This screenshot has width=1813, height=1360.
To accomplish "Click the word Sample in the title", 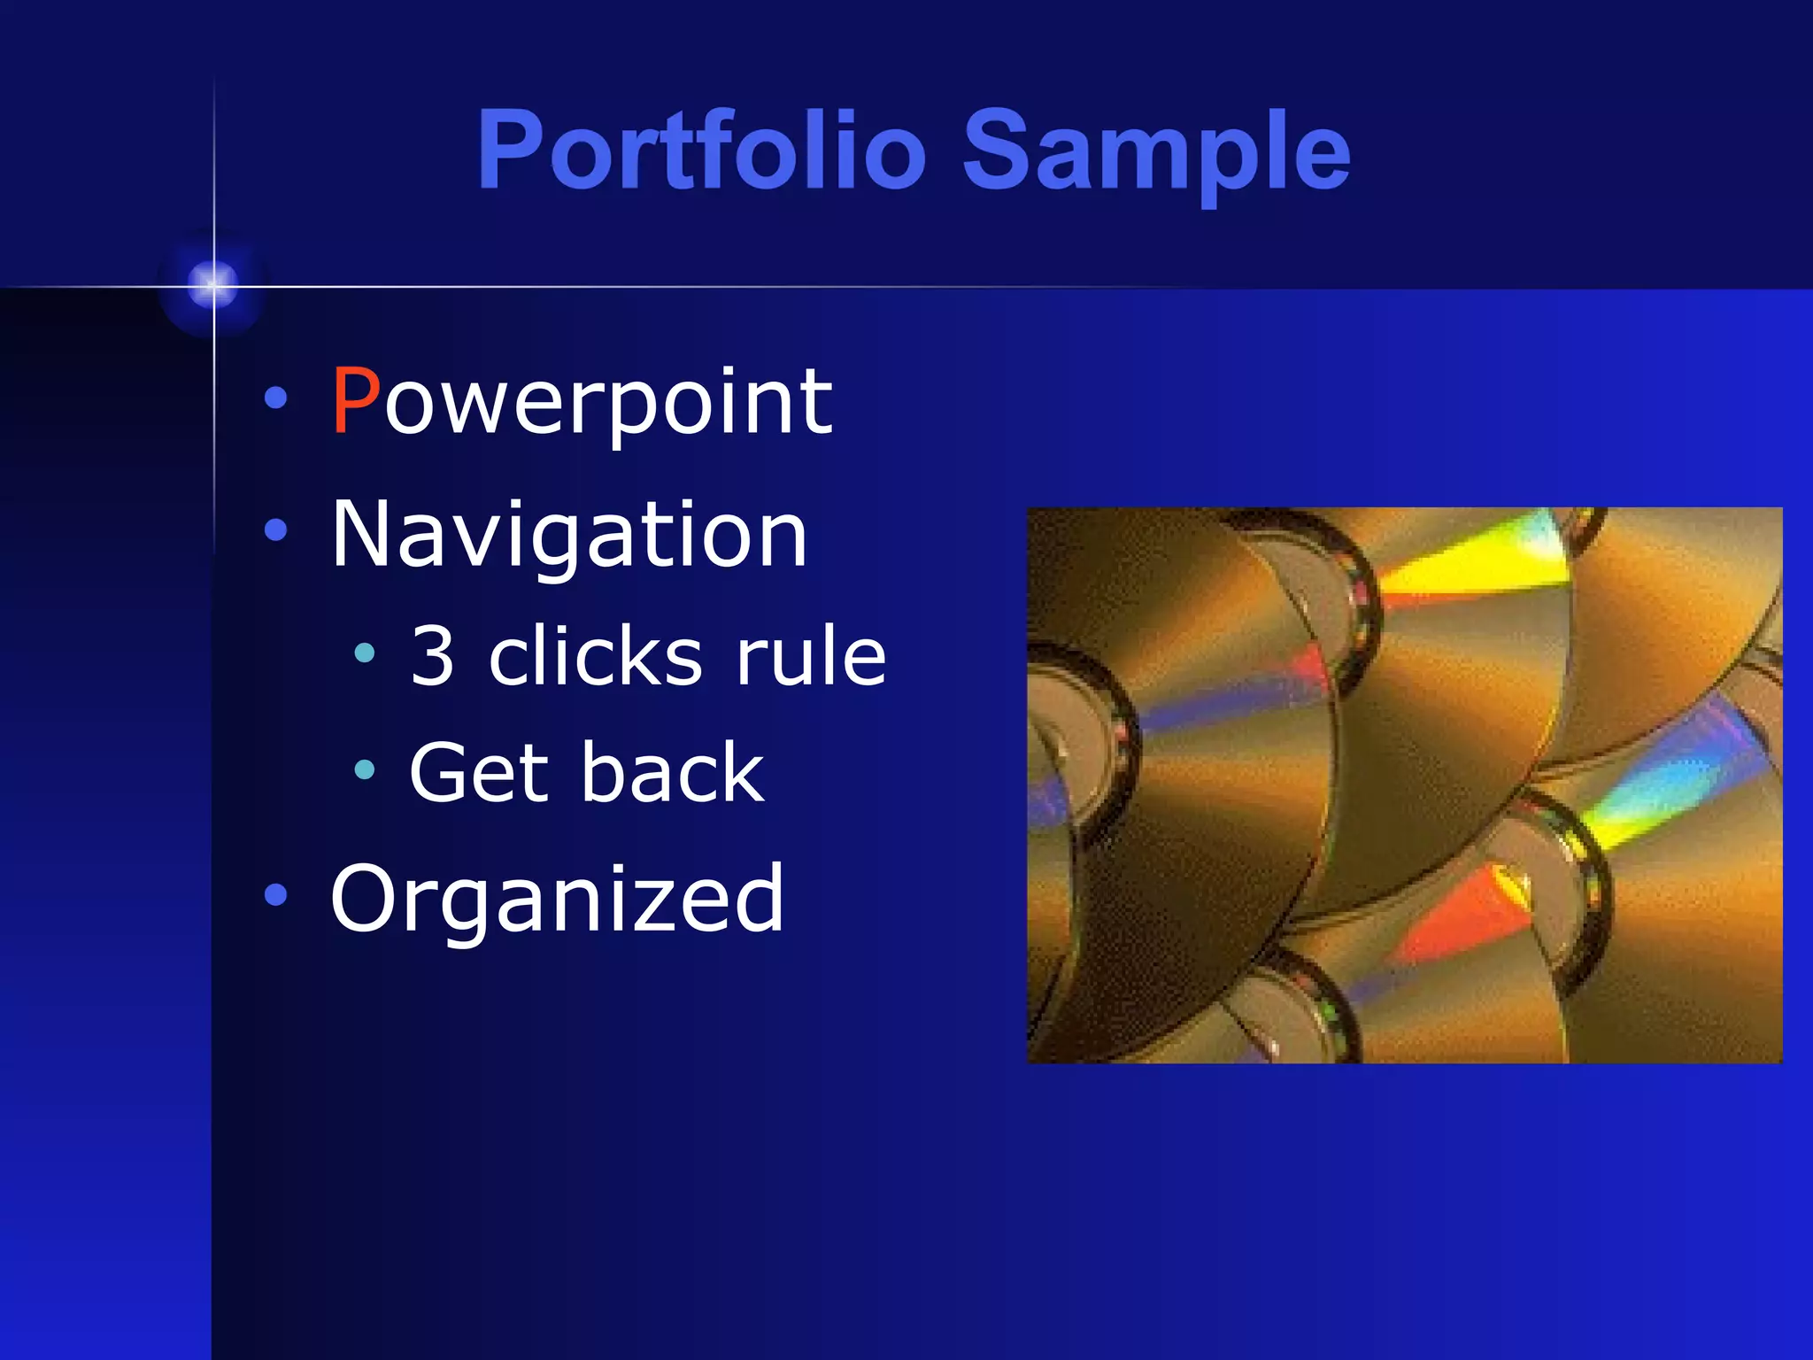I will (x=1155, y=151).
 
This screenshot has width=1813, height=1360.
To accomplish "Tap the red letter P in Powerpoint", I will (x=355, y=402).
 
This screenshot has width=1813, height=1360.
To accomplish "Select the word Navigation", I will (x=568, y=535).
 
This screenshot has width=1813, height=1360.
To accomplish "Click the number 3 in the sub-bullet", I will (x=433, y=656).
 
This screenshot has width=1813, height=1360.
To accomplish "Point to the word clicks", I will (x=596, y=656).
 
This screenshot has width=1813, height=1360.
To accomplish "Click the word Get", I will (x=476, y=774).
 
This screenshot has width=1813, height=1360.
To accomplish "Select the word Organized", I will (x=557, y=900).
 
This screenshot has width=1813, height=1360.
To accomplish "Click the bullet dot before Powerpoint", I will (x=276, y=398).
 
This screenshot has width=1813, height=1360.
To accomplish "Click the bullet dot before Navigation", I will (x=276, y=530).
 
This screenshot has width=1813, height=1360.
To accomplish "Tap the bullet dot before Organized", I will (x=276, y=895).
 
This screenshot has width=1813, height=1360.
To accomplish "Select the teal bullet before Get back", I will (x=365, y=770).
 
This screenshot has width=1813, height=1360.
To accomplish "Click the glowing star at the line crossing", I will (x=213, y=285).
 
